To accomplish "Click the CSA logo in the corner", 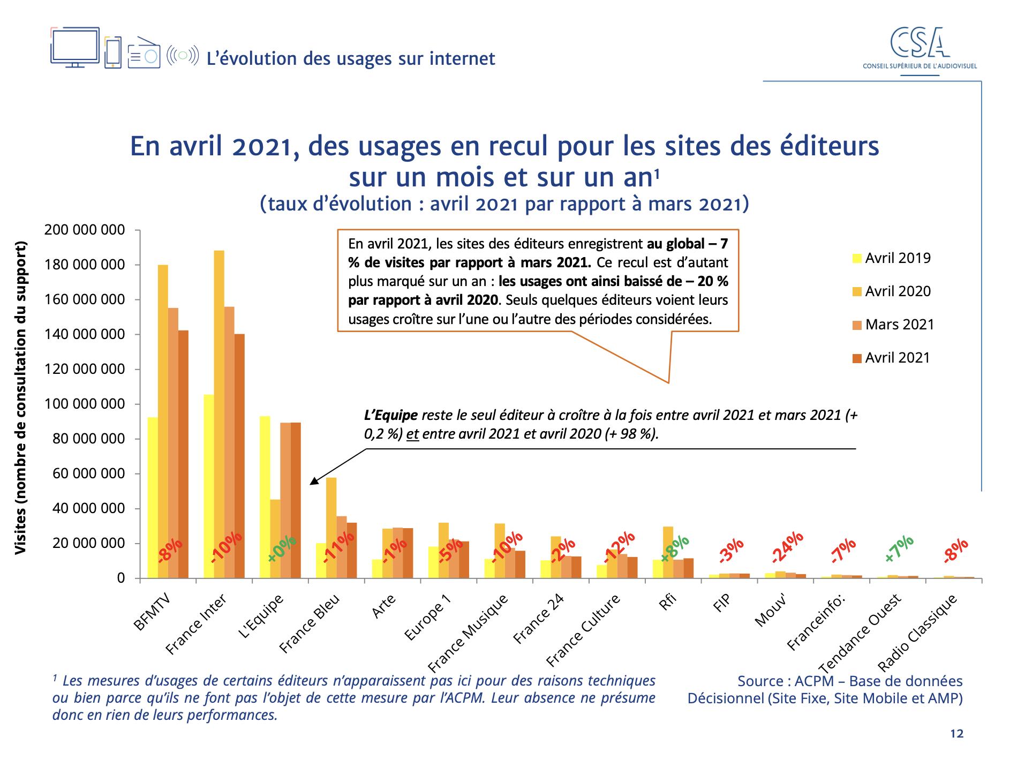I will click(920, 48).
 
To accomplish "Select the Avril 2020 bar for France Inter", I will click(219, 412).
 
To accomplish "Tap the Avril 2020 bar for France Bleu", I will click(331, 528).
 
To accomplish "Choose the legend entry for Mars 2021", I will click(893, 325).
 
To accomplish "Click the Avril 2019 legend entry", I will click(892, 258).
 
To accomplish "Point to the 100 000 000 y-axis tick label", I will click(85, 404).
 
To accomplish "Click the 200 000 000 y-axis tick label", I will click(85, 230).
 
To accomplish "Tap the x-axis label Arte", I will click(384, 606).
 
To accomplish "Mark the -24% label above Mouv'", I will click(788, 547).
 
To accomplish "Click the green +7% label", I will click(899, 548).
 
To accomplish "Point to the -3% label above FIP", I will click(731, 551).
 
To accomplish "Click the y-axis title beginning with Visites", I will click(20, 397).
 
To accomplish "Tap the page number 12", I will click(956, 734).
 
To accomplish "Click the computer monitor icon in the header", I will click(75, 47).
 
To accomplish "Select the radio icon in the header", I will click(144, 53).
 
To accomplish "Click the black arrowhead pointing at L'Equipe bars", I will click(314, 480).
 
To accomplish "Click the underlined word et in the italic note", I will click(412, 434).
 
